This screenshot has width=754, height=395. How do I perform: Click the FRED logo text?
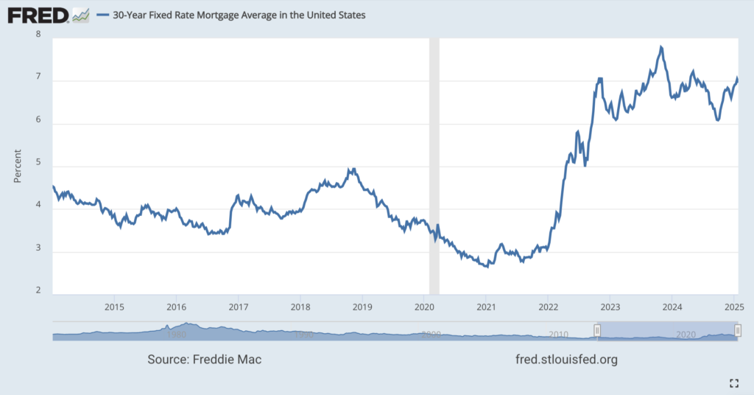point(38,15)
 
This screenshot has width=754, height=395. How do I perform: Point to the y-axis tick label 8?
point(38,34)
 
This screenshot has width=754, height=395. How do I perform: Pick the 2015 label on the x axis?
point(113,306)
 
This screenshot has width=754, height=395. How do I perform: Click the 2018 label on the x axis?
point(300,306)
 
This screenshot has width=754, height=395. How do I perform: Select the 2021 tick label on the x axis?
point(485,306)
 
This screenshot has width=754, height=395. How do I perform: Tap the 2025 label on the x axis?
point(733,306)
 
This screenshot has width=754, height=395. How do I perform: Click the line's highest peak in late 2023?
point(661,47)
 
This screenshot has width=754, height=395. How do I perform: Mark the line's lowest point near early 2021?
point(487,266)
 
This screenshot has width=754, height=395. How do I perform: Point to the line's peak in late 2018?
point(354,169)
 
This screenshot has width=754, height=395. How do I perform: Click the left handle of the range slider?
point(598,330)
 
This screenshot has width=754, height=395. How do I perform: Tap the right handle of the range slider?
point(738,330)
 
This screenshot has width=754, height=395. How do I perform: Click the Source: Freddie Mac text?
point(205,360)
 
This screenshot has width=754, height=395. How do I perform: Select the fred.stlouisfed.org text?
point(568,360)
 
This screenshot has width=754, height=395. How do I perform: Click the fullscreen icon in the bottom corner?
point(733,382)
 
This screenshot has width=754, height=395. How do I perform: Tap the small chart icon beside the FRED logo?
point(81,15)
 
